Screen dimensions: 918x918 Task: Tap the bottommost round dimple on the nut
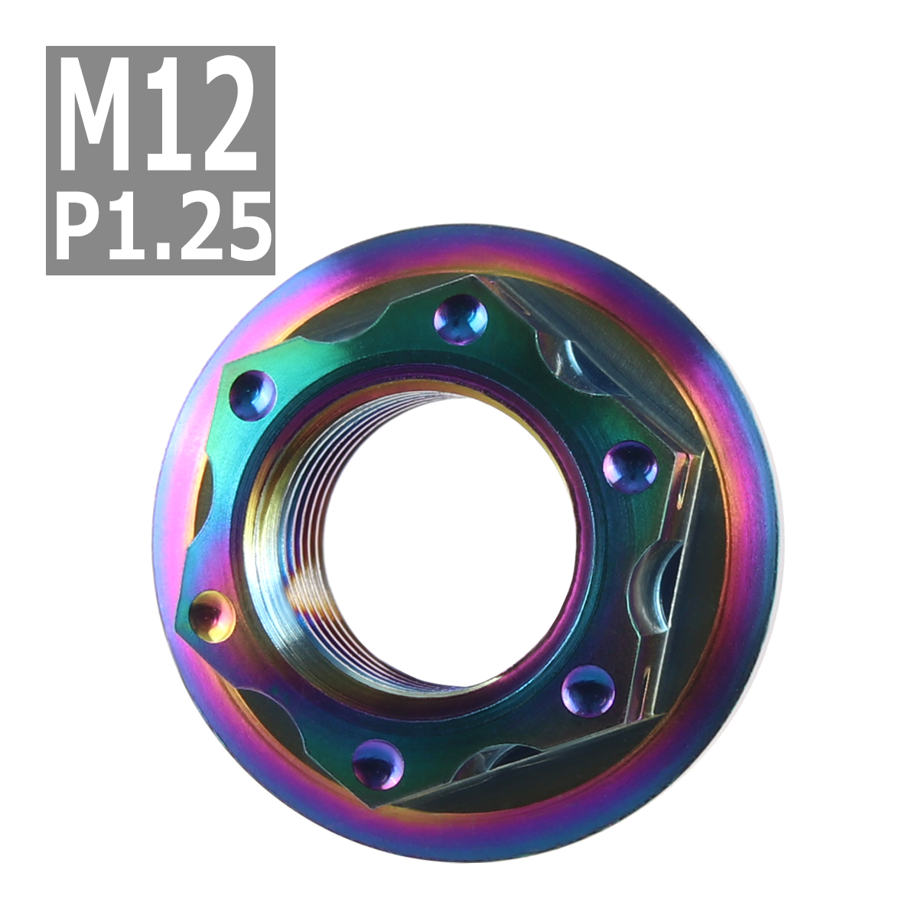[x=379, y=763]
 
